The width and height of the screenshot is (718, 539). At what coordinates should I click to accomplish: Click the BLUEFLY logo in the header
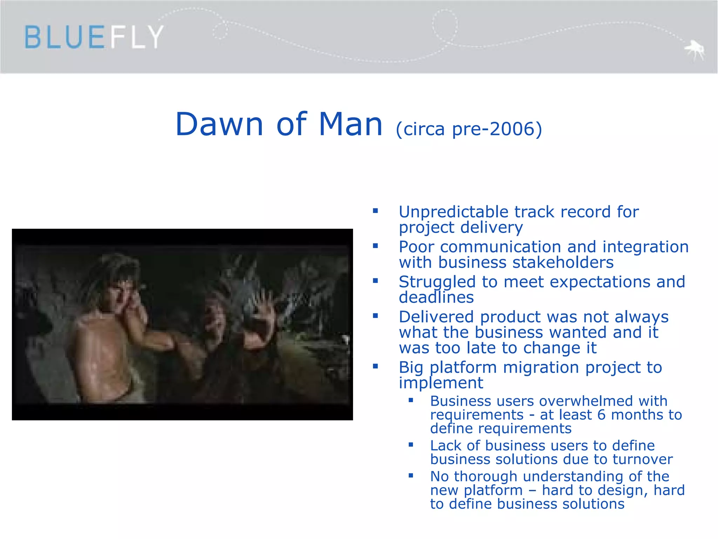94,37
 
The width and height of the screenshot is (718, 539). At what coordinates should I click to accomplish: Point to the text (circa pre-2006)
469,129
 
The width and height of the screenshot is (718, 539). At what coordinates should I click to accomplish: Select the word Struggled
437,282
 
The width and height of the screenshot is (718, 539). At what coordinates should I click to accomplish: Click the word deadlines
436,298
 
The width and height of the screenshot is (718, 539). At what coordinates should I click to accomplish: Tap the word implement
441,383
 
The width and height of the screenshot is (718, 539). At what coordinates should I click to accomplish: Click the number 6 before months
601,415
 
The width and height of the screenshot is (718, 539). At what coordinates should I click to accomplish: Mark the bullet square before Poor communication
375,246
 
